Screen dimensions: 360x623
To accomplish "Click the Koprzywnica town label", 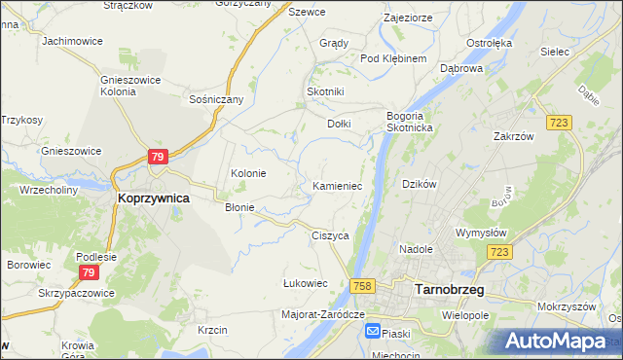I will coord(153,197).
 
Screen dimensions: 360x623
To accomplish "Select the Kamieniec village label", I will coord(338,185).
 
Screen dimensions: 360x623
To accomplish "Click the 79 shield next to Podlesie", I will coord(88,271).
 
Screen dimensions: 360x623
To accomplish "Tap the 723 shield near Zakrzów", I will coord(558,122).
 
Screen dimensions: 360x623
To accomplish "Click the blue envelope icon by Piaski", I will coord(373,332).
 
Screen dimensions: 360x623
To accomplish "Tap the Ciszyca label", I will coord(330,235).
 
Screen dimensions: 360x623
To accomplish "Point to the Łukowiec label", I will coord(305,283).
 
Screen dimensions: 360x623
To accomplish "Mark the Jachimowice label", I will coord(72,42).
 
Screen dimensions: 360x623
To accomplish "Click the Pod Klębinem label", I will coord(393,58).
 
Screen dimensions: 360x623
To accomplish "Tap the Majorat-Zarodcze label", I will coord(322,314).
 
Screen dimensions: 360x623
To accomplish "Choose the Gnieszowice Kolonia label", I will coord(125,86).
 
